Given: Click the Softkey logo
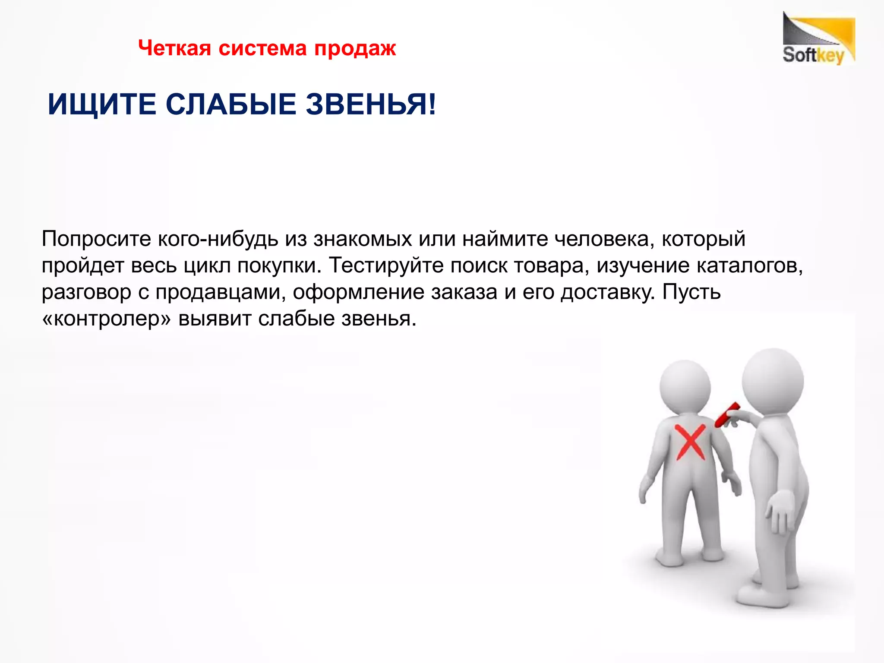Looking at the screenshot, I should coord(818,39).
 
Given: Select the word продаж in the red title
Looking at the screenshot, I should coord(355,49).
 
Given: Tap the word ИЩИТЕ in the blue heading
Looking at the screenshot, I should coord(102,104).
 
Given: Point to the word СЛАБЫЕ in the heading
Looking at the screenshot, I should coord(231,104).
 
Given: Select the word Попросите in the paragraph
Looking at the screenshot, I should coord(96,239).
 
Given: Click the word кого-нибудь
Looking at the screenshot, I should coord(218,239).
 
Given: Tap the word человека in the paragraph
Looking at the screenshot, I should coord(601,239).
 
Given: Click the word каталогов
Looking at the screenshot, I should coord(750,265).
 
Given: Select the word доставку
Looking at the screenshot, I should coord(608,292).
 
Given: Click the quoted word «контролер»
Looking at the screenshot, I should coord(107,319).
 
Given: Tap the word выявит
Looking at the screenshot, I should coord(215,319).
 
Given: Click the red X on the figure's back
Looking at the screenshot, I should coord(690,441).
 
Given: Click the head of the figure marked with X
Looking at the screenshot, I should coord(685,385).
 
